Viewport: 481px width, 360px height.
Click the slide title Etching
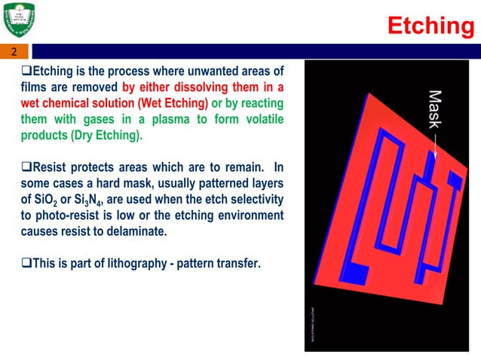(x=430, y=26)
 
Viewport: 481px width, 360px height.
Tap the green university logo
(x=21, y=20)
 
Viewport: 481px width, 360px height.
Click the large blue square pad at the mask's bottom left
(x=355, y=271)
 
